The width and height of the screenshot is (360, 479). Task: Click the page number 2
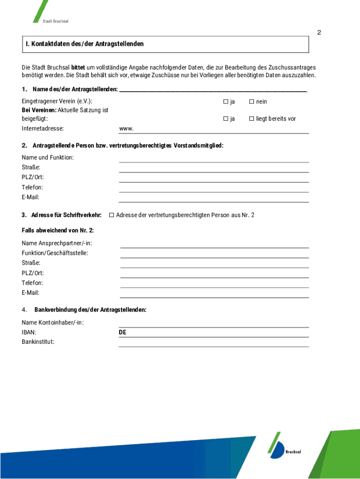(319, 33)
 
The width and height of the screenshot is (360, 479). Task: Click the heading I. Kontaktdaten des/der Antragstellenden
(85, 44)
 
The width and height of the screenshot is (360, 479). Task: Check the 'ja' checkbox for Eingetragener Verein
(225, 102)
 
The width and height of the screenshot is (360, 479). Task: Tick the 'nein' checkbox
(251, 102)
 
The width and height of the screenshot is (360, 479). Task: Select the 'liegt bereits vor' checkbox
(251, 119)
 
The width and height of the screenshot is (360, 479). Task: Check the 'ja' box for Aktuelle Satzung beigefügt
(225, 119)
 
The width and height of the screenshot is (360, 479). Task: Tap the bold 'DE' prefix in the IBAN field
(122, 333)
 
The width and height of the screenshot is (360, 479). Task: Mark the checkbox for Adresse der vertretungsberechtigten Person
(111, 215)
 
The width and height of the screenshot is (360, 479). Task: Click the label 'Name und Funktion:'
(48, 158)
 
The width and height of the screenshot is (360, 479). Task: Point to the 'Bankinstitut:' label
(38, 342)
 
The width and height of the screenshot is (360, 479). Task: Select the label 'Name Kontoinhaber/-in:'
(53, 323)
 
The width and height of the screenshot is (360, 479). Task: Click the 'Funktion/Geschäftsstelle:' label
(55, 253)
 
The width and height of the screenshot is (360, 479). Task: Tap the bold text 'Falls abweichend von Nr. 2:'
(58, 230)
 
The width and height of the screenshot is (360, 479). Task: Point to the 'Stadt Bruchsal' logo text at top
(55, 22)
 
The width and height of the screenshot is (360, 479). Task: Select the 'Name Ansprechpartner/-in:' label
(57, 243)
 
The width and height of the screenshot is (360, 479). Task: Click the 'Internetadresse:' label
(43, 129)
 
